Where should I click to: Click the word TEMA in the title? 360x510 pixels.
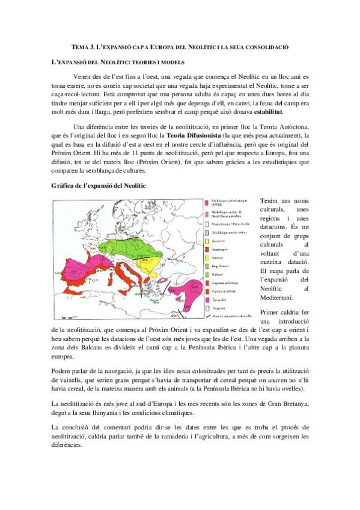(x=79, y=46)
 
